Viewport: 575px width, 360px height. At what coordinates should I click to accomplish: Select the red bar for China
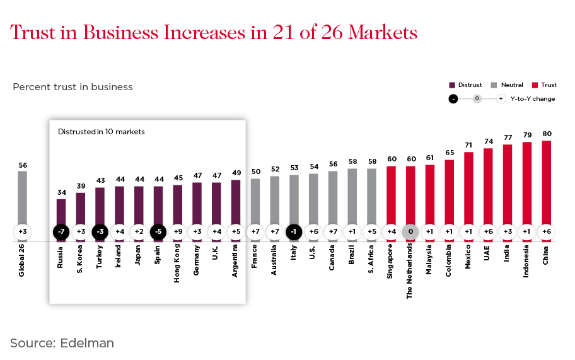coord(546,183)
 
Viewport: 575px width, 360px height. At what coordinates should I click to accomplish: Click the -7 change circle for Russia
coord(61,231)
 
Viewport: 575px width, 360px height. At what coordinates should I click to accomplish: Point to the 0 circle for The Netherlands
coord(410,231)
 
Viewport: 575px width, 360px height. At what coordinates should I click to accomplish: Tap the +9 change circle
coord(177,231)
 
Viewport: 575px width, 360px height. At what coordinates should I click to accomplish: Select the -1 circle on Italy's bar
coord(294,231)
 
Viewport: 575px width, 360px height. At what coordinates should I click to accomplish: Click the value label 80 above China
coord(546,134)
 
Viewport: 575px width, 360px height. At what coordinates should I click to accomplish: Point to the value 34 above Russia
coord(61,192)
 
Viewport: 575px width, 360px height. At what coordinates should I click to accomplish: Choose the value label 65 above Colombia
coord(449,153)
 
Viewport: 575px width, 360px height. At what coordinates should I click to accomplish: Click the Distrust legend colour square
coord(452,85)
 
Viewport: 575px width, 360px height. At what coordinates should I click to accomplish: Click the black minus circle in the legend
coord(453,99)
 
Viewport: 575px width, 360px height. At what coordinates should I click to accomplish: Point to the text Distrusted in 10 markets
coord(102,132)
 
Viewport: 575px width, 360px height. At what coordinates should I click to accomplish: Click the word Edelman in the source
coord(88,343)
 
